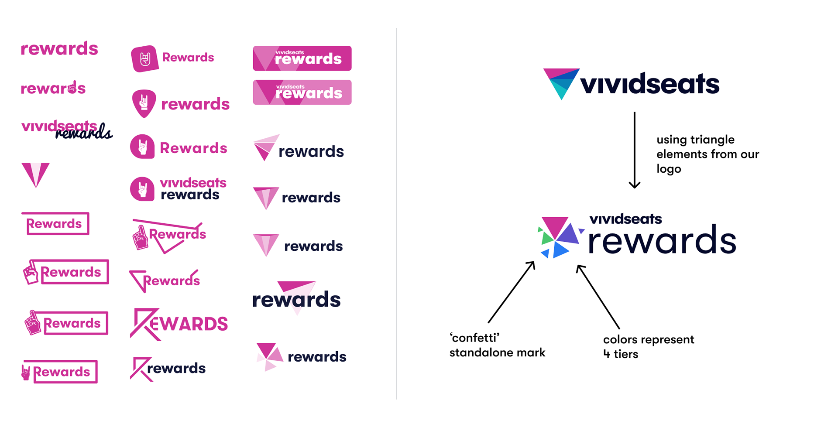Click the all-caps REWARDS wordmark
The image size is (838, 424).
click(x=179, y=324)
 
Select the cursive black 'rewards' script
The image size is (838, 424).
click(x=84, y=132)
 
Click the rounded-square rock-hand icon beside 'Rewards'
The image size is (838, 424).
click(x=144, y=58)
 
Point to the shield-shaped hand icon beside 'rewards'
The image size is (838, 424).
click(x=144, y=103)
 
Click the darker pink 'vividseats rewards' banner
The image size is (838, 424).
click(x=302, y=58)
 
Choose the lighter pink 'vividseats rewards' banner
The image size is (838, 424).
click(x=302, y=92)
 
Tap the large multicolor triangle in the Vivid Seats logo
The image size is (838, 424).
click(x=561, y=83)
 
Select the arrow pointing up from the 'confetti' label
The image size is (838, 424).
click(x=511, y=292)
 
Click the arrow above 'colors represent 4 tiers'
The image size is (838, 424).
click(x=598, y=297)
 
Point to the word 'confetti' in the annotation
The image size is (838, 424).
click(x=474, y=338)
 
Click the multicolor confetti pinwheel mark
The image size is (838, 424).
click(x=558, y=237)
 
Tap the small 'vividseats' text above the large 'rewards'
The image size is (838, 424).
click(x=625, y=219)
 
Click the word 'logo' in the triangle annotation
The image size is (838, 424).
click(x=669, y=169)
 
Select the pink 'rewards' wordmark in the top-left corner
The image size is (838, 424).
click(x=59, y=48)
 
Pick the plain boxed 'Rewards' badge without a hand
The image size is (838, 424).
click(x=55, y=224)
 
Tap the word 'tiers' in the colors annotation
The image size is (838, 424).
click(x=626, y=354)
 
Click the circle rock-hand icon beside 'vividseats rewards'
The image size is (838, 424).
click(x=142, y=189)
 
